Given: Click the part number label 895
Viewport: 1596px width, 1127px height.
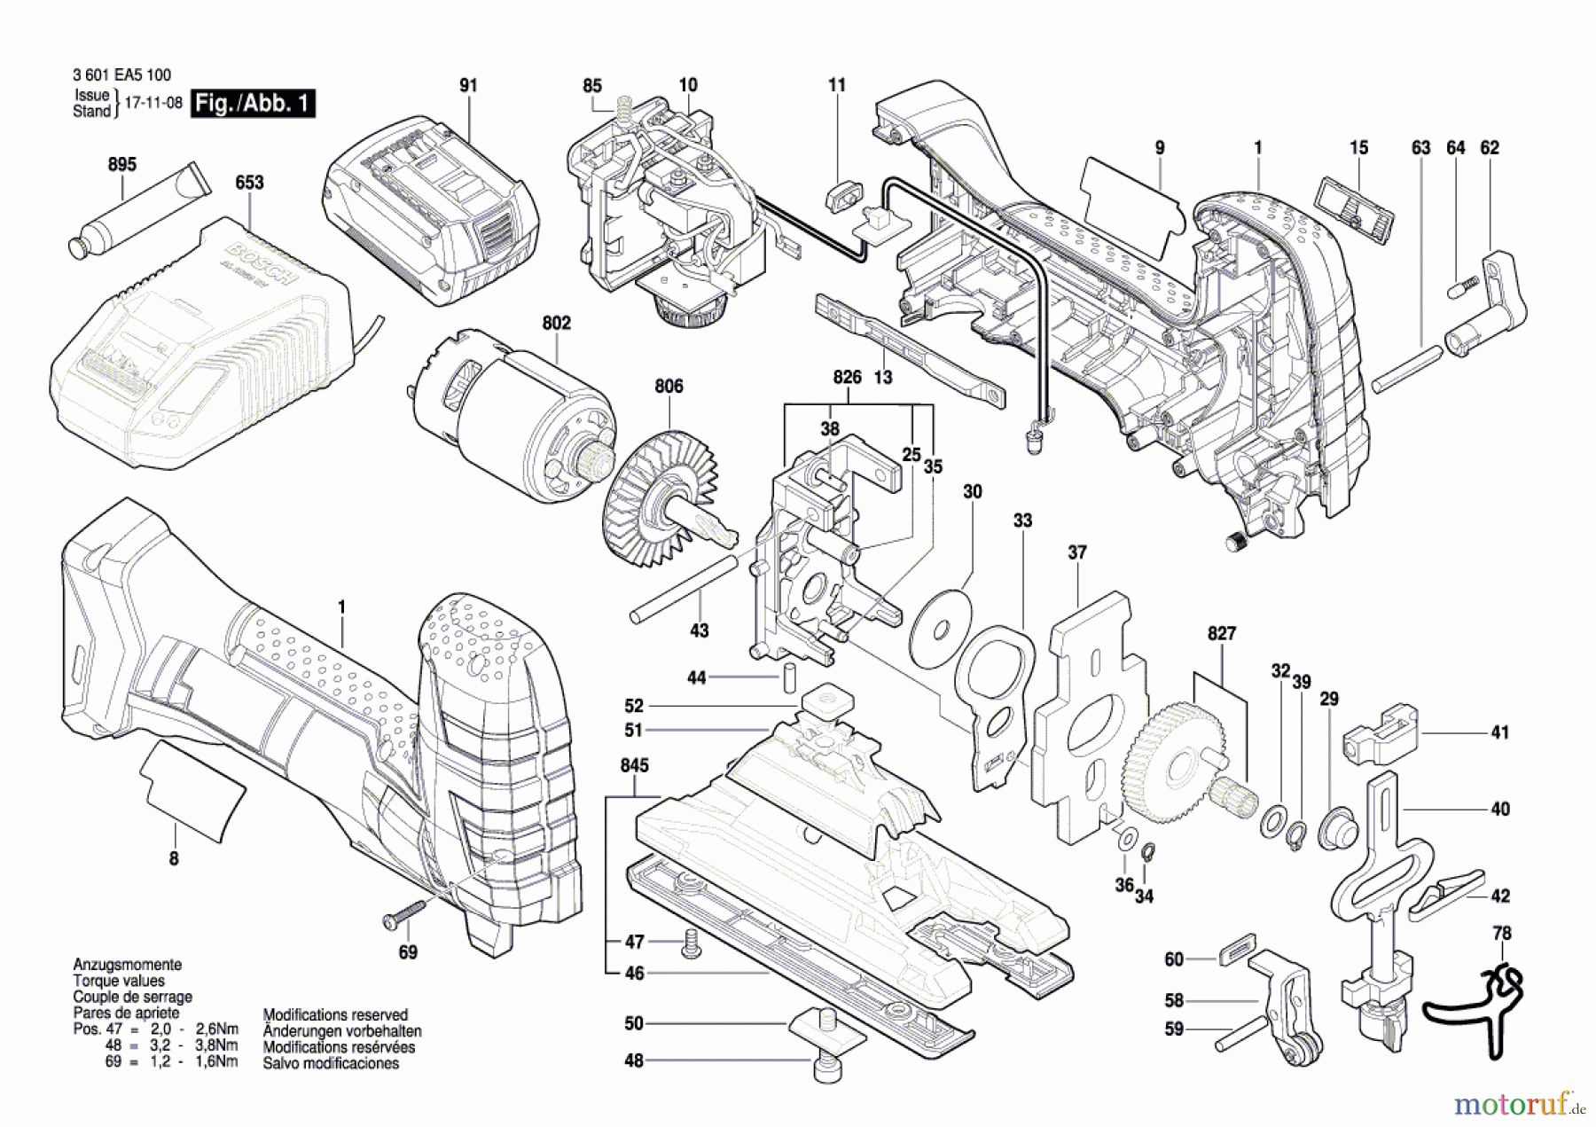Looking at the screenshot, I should click(122, 165).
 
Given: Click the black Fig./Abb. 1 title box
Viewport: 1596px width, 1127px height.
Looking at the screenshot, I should click(253, 104).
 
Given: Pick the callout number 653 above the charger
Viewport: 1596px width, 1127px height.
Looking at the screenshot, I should click(249, 183).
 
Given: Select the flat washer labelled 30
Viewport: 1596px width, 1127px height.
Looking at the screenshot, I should click(941, 626).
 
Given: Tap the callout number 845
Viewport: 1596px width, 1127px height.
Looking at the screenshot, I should click(634, 766).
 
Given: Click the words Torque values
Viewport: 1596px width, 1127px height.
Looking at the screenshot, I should click(118, 981).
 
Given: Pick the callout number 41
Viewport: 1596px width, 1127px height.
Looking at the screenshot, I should click(1499, 733).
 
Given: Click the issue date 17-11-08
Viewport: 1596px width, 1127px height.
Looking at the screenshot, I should click(153, 103).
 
